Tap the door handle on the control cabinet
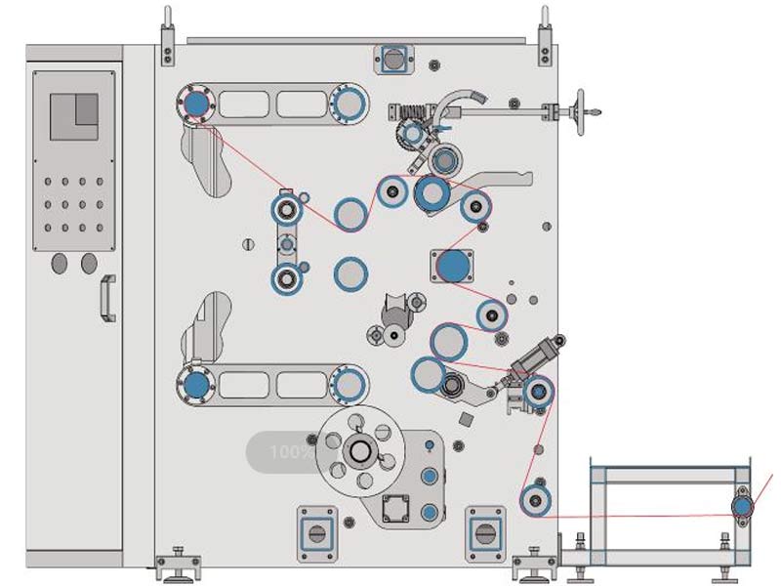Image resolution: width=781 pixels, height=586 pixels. (x=107, y=297)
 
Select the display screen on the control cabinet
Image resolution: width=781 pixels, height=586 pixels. (x=74, y=115)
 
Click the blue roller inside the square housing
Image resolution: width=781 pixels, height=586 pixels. (x=452, y=265)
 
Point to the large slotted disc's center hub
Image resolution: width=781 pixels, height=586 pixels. (x=359, y=451)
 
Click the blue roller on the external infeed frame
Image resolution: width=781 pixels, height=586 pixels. (x=741, y=506)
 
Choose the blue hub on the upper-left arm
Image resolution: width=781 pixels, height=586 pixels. (x=195, y=103)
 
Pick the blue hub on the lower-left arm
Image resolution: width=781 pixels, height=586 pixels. (x=195, y=384)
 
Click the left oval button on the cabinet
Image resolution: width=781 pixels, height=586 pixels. (x=61, y=264)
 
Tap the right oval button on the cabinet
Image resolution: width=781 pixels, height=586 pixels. (x=89, y=264)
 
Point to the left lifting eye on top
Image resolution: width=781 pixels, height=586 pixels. (x=167, y=20)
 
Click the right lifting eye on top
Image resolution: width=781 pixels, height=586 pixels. (x=546, y=20)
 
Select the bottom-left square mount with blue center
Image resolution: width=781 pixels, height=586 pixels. (x=316, y=531)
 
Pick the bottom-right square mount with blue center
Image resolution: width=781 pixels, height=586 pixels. (x=485, y=531)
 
